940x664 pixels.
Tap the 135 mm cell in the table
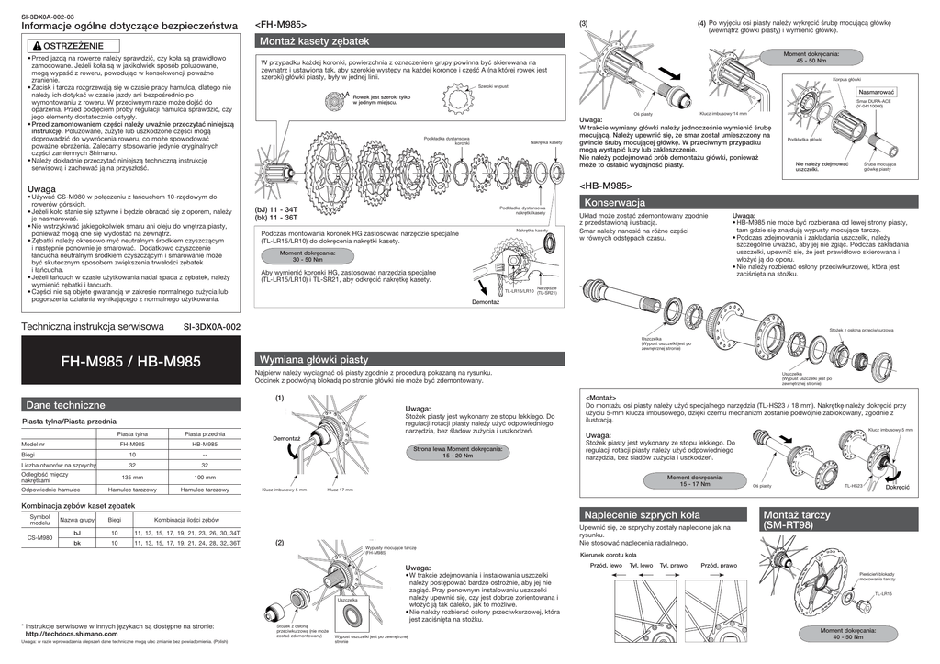[x=133, y=477]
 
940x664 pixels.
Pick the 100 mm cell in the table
[x=205, y=477]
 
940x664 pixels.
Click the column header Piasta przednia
[x=205, y=433]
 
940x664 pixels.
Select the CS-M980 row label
[x=39, y=537]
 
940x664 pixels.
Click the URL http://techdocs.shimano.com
[x=72, y=634]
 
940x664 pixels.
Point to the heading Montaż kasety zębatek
[x=314, y=41]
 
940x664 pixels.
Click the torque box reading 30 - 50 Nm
[x=308, y=256]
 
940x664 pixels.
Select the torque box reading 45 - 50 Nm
[x=811, y=57]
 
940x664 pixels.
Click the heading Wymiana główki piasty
[x=315, y=359]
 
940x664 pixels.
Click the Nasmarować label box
[x=877, y=93]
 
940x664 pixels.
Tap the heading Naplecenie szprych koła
[x=642, y=514]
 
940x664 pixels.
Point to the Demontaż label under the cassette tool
[x=486, y=301]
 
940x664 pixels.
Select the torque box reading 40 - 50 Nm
[x=848, y=634]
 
